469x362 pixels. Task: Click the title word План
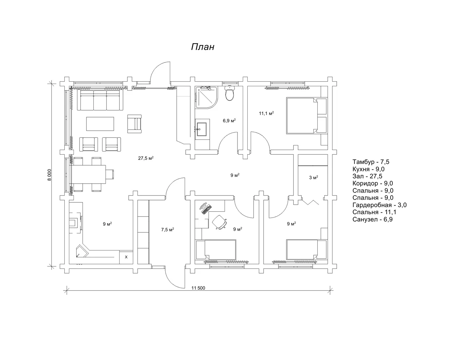[203, 47]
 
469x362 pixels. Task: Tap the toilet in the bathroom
[230, 93]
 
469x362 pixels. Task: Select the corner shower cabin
[206, 97]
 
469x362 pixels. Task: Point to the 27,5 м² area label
[146, 158]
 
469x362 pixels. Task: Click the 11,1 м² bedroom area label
[266, 113]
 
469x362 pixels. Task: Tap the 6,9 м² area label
[229, 120]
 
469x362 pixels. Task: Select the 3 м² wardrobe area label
[314, 177]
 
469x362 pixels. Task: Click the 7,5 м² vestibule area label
[168, 230]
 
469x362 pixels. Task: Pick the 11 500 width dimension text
[198, 288]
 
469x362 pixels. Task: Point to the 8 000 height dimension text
[50, 175]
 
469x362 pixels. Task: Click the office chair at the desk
[220, 222]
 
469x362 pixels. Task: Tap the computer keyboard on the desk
[206, 209]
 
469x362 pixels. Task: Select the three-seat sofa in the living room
[100, 100]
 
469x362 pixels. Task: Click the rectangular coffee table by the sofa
[100, 124]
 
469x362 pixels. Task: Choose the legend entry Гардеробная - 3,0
[379, 205]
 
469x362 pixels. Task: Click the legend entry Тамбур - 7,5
[371, 162]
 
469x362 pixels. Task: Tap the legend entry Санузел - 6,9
[372, 219]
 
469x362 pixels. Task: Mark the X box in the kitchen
[126, 257]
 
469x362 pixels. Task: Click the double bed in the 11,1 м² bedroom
[307, 116]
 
